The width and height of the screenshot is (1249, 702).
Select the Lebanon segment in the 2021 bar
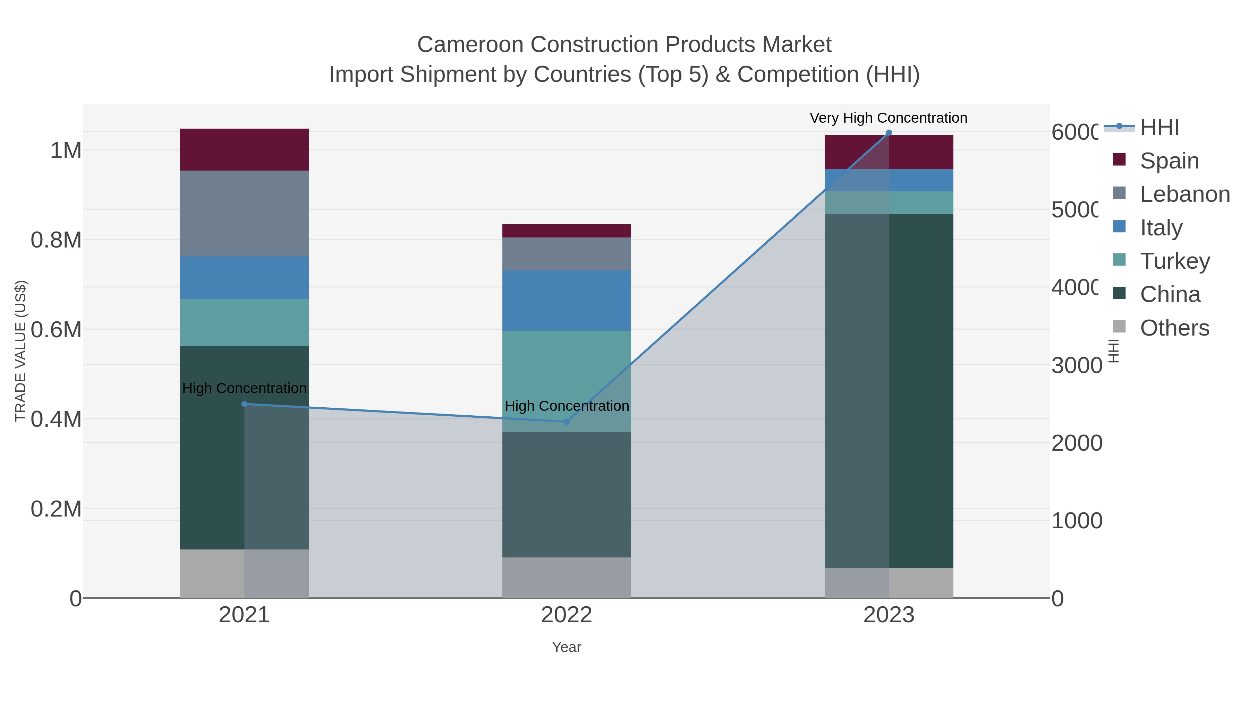pos(244,213)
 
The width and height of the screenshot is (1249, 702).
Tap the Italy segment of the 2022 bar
pos(566,300)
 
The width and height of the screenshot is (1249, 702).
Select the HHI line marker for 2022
pos(566,422)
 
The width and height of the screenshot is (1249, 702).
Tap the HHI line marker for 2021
pos(244,404)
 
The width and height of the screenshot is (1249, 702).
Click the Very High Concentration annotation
pos(888,118)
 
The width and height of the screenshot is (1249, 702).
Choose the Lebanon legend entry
pos(1184,194)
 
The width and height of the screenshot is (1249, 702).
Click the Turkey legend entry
pos(1175,261)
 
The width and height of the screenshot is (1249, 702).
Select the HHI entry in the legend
pos(1159,128)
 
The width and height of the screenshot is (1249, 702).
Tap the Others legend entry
pos(1174,328)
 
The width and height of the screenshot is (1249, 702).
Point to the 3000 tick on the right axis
pos(1076,365)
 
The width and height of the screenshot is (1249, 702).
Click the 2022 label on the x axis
pos(566,615)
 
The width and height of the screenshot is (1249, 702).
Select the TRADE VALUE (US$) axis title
pos(20,351)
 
